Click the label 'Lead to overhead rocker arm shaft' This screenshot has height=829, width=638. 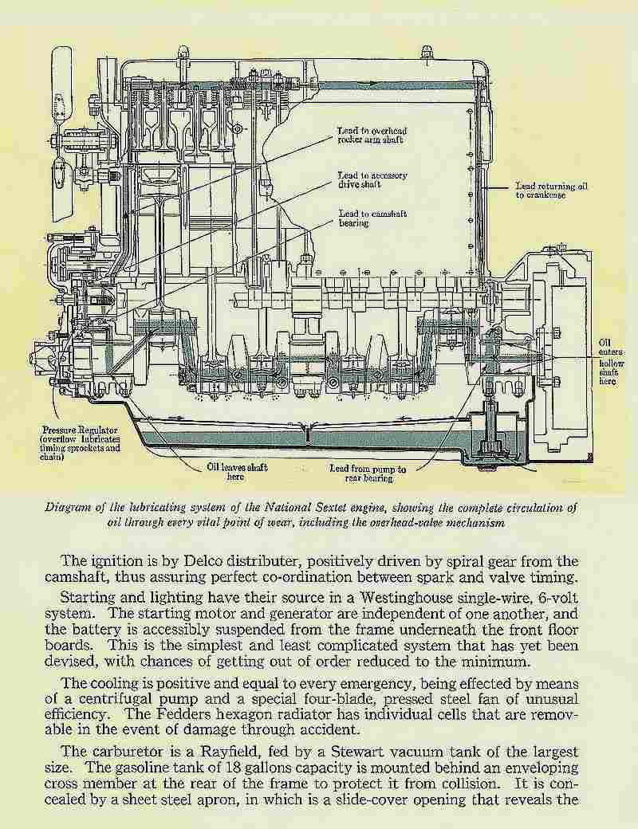(372, 136)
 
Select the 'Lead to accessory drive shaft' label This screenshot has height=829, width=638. (372, 180)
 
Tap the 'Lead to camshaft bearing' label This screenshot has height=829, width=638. (372, 218)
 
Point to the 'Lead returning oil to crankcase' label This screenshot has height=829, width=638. (551, 191)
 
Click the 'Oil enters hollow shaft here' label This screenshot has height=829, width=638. (611, 362)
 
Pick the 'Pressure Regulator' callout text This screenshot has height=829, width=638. (80, 443)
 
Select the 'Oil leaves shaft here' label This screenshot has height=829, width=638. (237, 472)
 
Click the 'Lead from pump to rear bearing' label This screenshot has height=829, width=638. (368, 473)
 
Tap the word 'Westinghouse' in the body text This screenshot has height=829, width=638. (406, 598)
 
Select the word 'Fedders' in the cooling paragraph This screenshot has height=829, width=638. (177, 714)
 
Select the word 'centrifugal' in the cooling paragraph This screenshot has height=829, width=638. (116, 699)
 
